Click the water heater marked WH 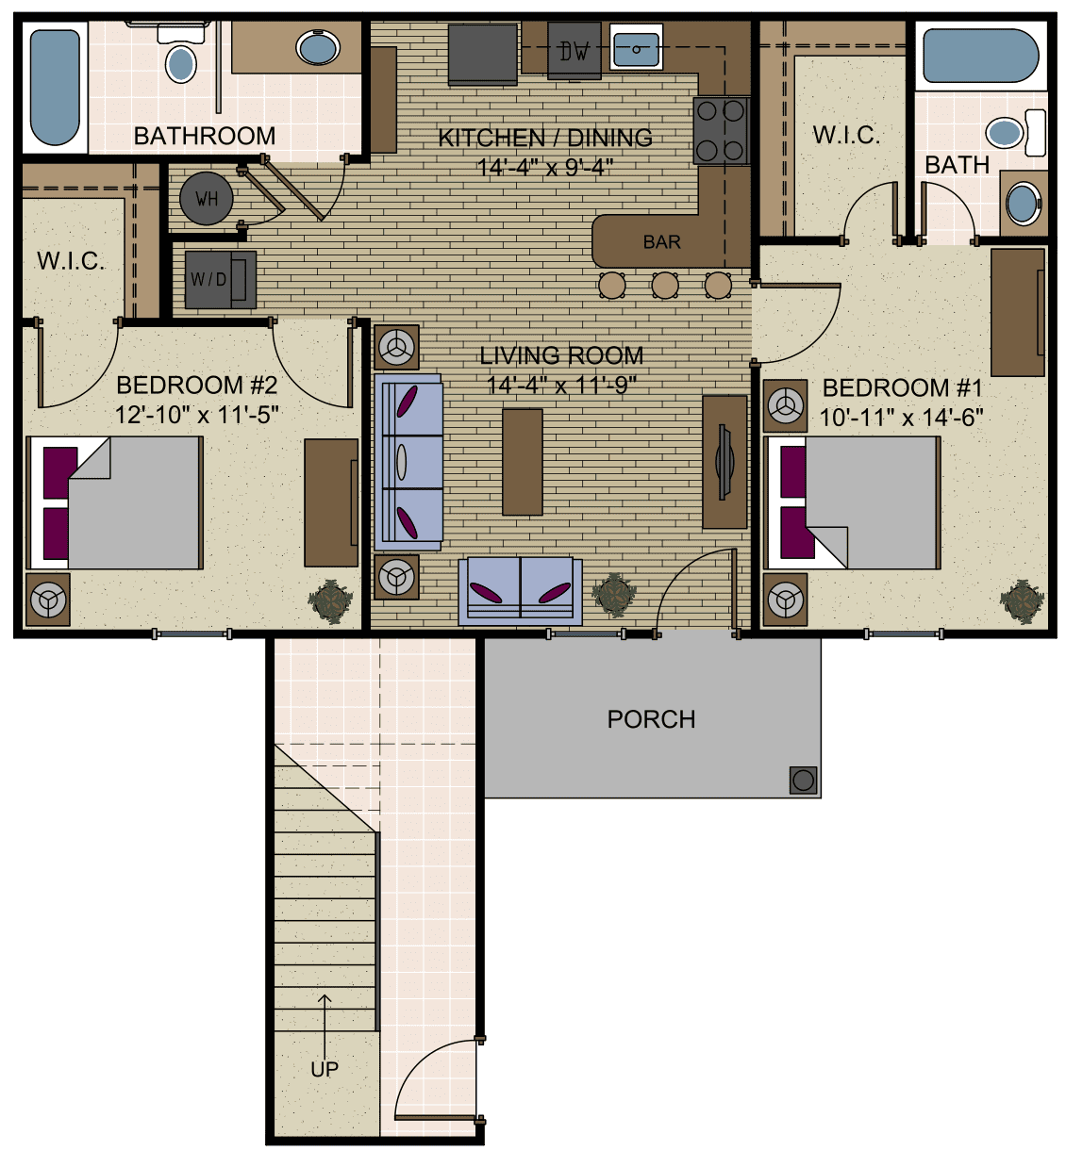[x=206, y=199]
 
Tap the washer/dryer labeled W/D [x=219, y=279]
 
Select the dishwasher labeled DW [x=574, y=51]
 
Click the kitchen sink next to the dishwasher [x=637, y=47]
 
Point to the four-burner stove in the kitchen [x=721, y=130]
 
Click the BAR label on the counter [x=661, y=242]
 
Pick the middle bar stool [x=665, y=285]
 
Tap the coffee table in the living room [x=522, y=461]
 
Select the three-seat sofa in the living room [x=408, y=462]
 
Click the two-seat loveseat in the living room [x=520, y=590]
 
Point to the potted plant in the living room [x=614, y=595]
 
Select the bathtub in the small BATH [x=980, y=56]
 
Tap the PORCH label [x=651, y=719]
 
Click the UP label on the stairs [x=325, y=1069]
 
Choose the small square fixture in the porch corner [x=803, y=780]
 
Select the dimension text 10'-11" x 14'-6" [x=901, y=418]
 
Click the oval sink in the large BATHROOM [x=318, y=47]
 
